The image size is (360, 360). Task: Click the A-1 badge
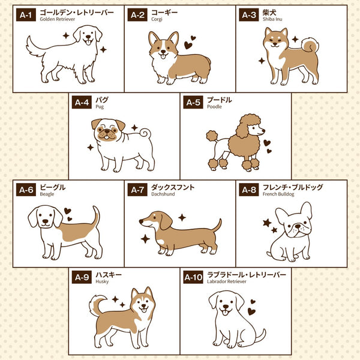(x=26, y=15)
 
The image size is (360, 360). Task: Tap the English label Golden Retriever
(x=58, y=19)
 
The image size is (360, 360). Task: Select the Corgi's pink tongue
(x=163, y=56)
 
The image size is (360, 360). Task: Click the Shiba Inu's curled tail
(x=310, y=46)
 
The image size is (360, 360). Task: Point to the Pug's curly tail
(x=146, y=133)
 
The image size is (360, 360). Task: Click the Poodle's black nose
(x=263, y=131)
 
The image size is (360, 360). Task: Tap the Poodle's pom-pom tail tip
(x=212, y=136)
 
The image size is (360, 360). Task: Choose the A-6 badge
(x=26, y=190)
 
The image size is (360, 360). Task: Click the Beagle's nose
(x=46, y=221)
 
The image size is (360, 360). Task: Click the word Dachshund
(x=163, y=194)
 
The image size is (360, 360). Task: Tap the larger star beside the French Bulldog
(x=267, y=223)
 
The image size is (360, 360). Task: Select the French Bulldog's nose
(x=298, y=226)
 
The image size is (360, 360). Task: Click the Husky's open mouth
(x=144, y=310)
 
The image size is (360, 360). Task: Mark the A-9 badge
(x=82, y=277)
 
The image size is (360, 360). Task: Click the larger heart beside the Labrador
(x=251, y=311)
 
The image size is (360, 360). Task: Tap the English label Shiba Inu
(x=272, y=19)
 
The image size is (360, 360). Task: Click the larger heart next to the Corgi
(x=188, y=45)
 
